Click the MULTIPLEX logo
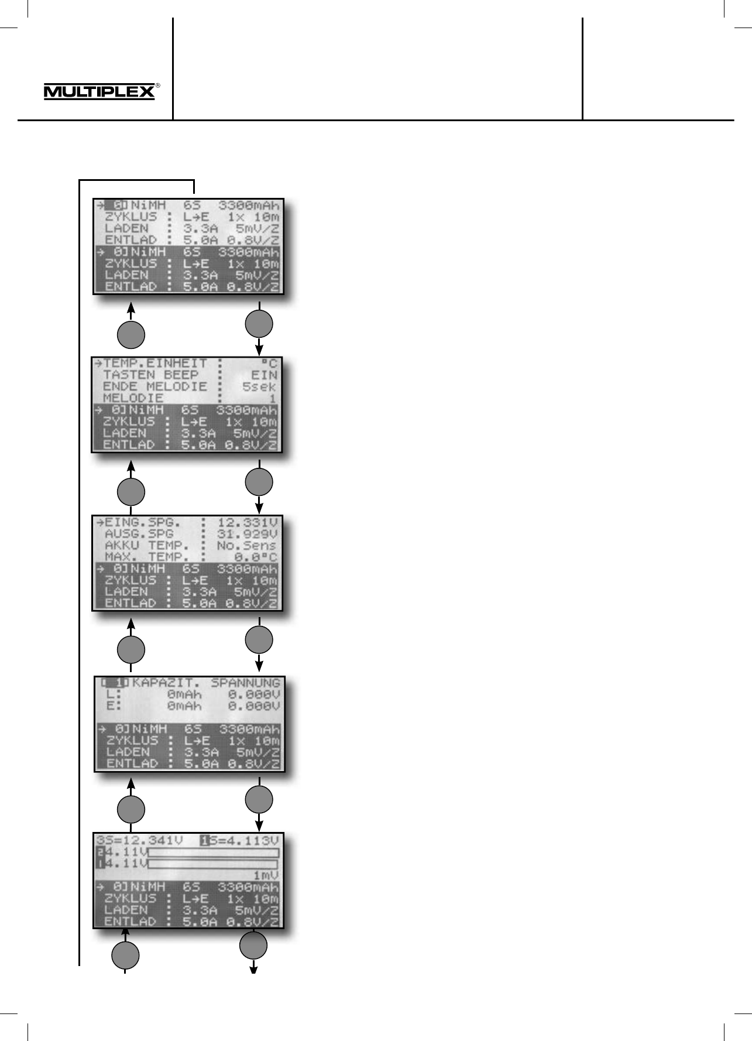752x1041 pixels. pyautogui.click(x=99, y=92)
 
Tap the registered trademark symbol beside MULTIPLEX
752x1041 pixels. pyautogui.click(x=158, y=85)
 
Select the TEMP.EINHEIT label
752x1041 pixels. pyautogui.click(x=155, y=364)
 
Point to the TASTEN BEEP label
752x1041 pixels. pyautogui.click(x=150, y=375)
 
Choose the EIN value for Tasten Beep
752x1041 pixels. pyautogui.click(x=264, y=375)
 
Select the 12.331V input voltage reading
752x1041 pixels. pyautogui.click(x=247, y=522)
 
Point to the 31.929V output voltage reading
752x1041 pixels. pyautogui.click(x=247, y=534)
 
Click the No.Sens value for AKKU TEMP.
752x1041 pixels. pyautogui.click(x=246, y=546)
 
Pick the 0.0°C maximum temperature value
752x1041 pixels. pyautogui.click(x=255, y=557)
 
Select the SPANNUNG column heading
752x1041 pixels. pyautogui.click(x=245, y=683)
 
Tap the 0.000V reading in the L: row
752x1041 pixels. pyautogui.click(x=253, y=695)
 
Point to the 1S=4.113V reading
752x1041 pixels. pyautogui.click(x=240, y=841)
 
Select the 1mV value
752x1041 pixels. pyautogui.click(x=265, y=875)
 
